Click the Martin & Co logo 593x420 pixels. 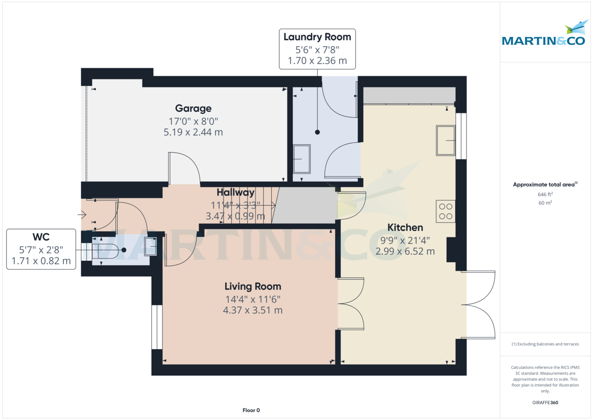544,35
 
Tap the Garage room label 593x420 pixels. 193,108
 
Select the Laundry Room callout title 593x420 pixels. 317,37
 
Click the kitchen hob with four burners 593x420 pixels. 446,212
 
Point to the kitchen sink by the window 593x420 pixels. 446,140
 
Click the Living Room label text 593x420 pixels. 253,286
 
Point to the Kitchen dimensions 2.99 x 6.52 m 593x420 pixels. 405,251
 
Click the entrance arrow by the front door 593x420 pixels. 82,215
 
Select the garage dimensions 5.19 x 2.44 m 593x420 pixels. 193,132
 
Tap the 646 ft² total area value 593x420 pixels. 545,194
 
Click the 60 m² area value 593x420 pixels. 545,203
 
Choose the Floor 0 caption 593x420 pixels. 251,410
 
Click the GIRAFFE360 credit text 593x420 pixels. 545,403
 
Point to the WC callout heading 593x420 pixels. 41,236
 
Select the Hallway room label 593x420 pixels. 235,193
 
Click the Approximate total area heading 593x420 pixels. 545,185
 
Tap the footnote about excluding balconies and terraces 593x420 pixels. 545,344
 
